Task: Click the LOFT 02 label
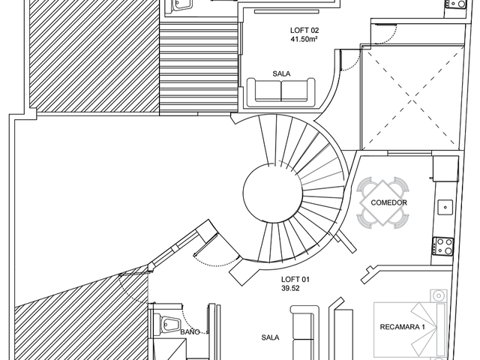304,30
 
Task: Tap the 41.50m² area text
304,39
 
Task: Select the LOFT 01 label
295,279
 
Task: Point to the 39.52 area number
290,288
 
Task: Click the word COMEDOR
388,202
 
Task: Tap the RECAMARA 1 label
402,327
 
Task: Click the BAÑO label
190,331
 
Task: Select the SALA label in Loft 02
281,73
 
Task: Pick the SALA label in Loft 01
270,337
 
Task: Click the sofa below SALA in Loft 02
281,92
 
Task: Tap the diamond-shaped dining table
382,202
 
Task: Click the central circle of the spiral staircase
273,193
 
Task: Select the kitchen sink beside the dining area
445,207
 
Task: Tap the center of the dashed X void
412,99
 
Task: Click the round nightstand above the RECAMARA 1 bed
438,296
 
